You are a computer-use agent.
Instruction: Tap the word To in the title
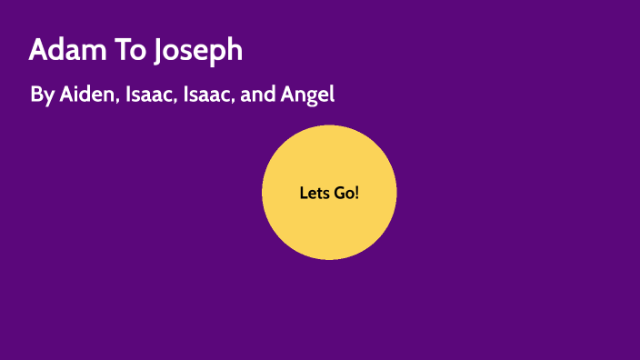(123, 50)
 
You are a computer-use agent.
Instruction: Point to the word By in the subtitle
(42, 95)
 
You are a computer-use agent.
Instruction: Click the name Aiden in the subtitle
(87, 94)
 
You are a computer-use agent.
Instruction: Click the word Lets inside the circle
(314, 193)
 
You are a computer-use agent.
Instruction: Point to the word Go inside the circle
(344, 193)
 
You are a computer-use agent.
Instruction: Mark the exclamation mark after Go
(357, 193)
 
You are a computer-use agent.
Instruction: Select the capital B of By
(36, 94)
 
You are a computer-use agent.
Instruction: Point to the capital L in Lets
(303, 193)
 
